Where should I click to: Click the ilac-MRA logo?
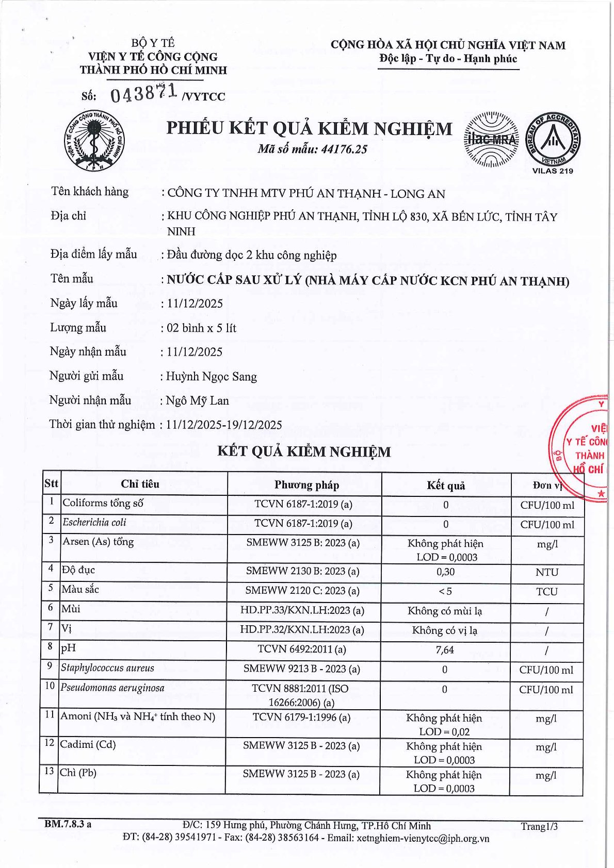[492, 139]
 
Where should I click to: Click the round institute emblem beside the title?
[95, 139]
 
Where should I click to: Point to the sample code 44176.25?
[344, 149]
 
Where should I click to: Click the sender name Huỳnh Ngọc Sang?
[212, 377]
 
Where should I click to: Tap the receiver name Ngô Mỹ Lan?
[198, 401]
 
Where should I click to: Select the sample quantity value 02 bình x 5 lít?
[202, 328]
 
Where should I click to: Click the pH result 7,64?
[445, 650]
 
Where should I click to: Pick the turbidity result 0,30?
[445, 572]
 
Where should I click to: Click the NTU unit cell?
[547, 572]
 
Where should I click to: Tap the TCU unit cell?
[547, 592]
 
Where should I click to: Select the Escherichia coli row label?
[94, 523]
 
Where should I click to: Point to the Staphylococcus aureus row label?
[107, 669]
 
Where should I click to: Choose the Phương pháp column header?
[306, 485]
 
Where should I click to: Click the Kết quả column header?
[446, 486]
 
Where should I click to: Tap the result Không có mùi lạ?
[445, 611]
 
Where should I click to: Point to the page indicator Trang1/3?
[539, 827]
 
